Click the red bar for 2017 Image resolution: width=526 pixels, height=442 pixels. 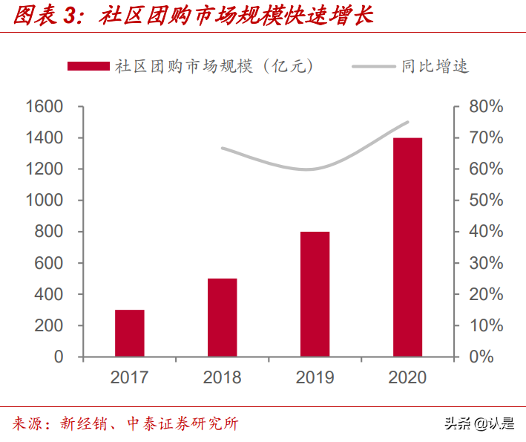pos(129,334)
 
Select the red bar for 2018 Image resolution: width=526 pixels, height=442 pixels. pos(222,318)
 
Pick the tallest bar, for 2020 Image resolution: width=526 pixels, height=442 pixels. pos(407,247)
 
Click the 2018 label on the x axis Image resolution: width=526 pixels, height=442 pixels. pos(222,377)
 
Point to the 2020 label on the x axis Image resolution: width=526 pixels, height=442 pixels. pos(407,377)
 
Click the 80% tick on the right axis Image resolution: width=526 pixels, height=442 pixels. pos(486,107)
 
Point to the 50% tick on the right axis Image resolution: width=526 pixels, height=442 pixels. pos(486,201)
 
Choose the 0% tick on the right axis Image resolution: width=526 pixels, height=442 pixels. pos(490,357)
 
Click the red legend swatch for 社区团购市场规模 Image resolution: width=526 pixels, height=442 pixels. pos(88,66)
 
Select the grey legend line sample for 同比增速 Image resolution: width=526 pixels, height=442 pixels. pos(373,66)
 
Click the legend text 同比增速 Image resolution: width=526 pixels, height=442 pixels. pos(435,66)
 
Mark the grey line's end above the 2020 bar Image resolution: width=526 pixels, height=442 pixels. pos(407,123)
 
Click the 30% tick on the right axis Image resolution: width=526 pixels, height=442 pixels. pos(486,263)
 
